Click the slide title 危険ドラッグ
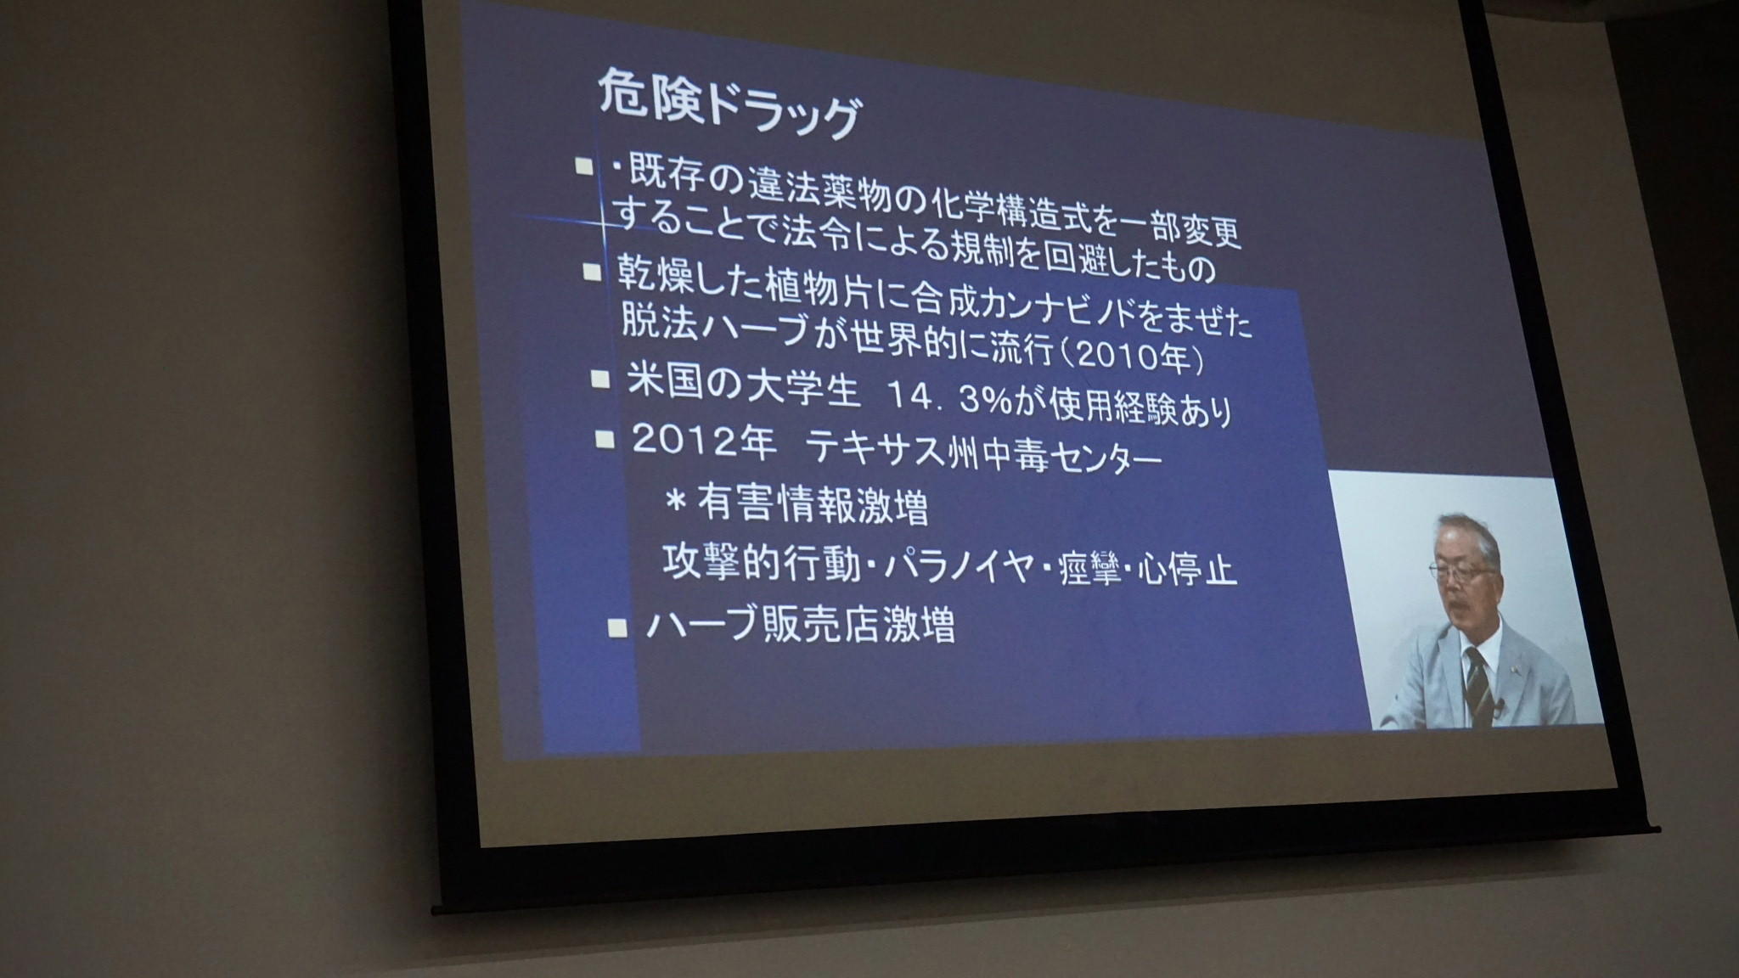coord(729,106)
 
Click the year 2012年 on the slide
coord(704,441)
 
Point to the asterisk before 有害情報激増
coord(677,503)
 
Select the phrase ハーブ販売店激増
coord(801,625)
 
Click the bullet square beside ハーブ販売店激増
coord(619,628)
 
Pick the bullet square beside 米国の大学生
coord(600,377)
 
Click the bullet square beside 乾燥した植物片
coord(591,273)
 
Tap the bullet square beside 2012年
coord(605,439)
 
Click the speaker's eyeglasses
coord(1462,571)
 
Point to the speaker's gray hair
coord(1466,532)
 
